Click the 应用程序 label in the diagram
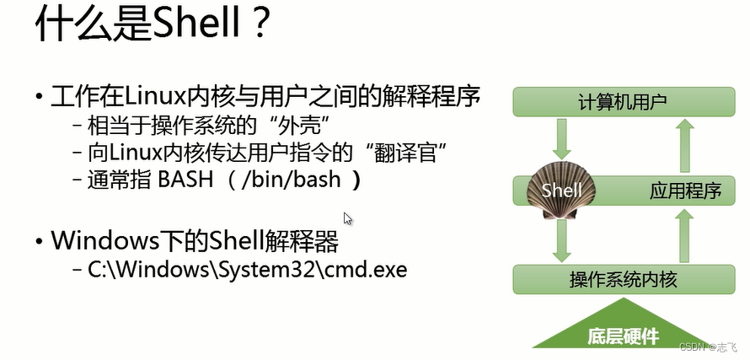point(685,191)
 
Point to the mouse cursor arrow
point(348,219)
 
